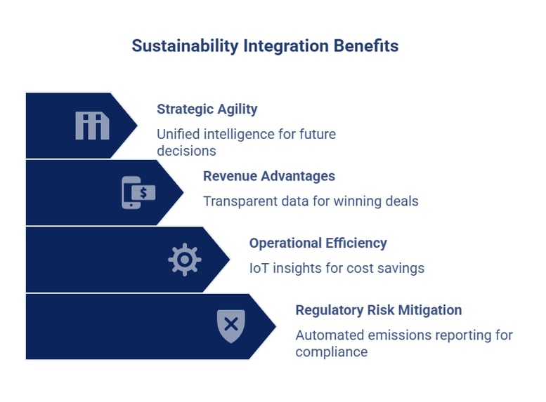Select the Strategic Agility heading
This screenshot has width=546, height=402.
click(207, 109)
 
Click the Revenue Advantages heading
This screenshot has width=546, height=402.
click(268, 176)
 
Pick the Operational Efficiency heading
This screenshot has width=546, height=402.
click(318, 243)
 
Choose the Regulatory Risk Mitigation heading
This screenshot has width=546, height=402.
click(378, 310)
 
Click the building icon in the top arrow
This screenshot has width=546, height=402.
click(92, 126)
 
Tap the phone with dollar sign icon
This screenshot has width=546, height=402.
click(138, 192)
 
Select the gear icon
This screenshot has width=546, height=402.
click(184, 260)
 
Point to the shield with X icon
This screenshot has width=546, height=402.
click(230, 326)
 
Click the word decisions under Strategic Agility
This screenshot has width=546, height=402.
click(186, 150)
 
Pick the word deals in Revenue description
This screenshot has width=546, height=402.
click(401, 201)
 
